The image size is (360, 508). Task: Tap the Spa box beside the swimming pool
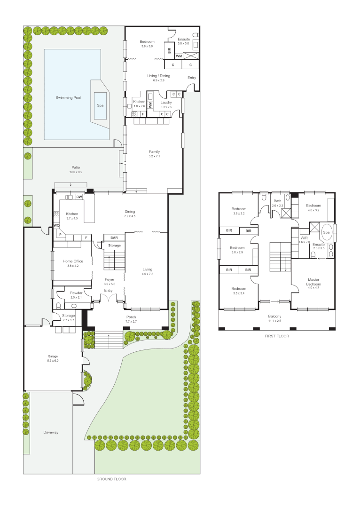click(x=100, y=106)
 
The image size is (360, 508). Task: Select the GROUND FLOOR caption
click(x=111, y=479)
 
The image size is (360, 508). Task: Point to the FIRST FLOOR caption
click(x=277, y=336)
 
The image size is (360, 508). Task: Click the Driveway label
click(x=51, y=432)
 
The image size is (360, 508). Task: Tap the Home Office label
click(x=73, y=261)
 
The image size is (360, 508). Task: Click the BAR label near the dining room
click(x=114, y=238)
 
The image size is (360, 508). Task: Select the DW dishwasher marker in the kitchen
click(x=79, y=197)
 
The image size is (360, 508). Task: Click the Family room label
click(x=154, y=151)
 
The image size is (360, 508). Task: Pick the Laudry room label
click(x=166, y=102)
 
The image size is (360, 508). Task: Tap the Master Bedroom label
click(x=313, y=282)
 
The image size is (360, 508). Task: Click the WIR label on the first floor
click(x=304, y=238)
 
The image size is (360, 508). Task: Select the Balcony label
click(x=274, y=316)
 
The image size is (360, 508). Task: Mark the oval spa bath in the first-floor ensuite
click(x=326, y=233)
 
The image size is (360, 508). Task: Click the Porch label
click(x=131, y=317)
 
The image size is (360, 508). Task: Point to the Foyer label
click(x=109, y=279)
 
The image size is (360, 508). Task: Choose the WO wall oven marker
click(x=56, y=226)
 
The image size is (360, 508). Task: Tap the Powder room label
click(x=76, y=293)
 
